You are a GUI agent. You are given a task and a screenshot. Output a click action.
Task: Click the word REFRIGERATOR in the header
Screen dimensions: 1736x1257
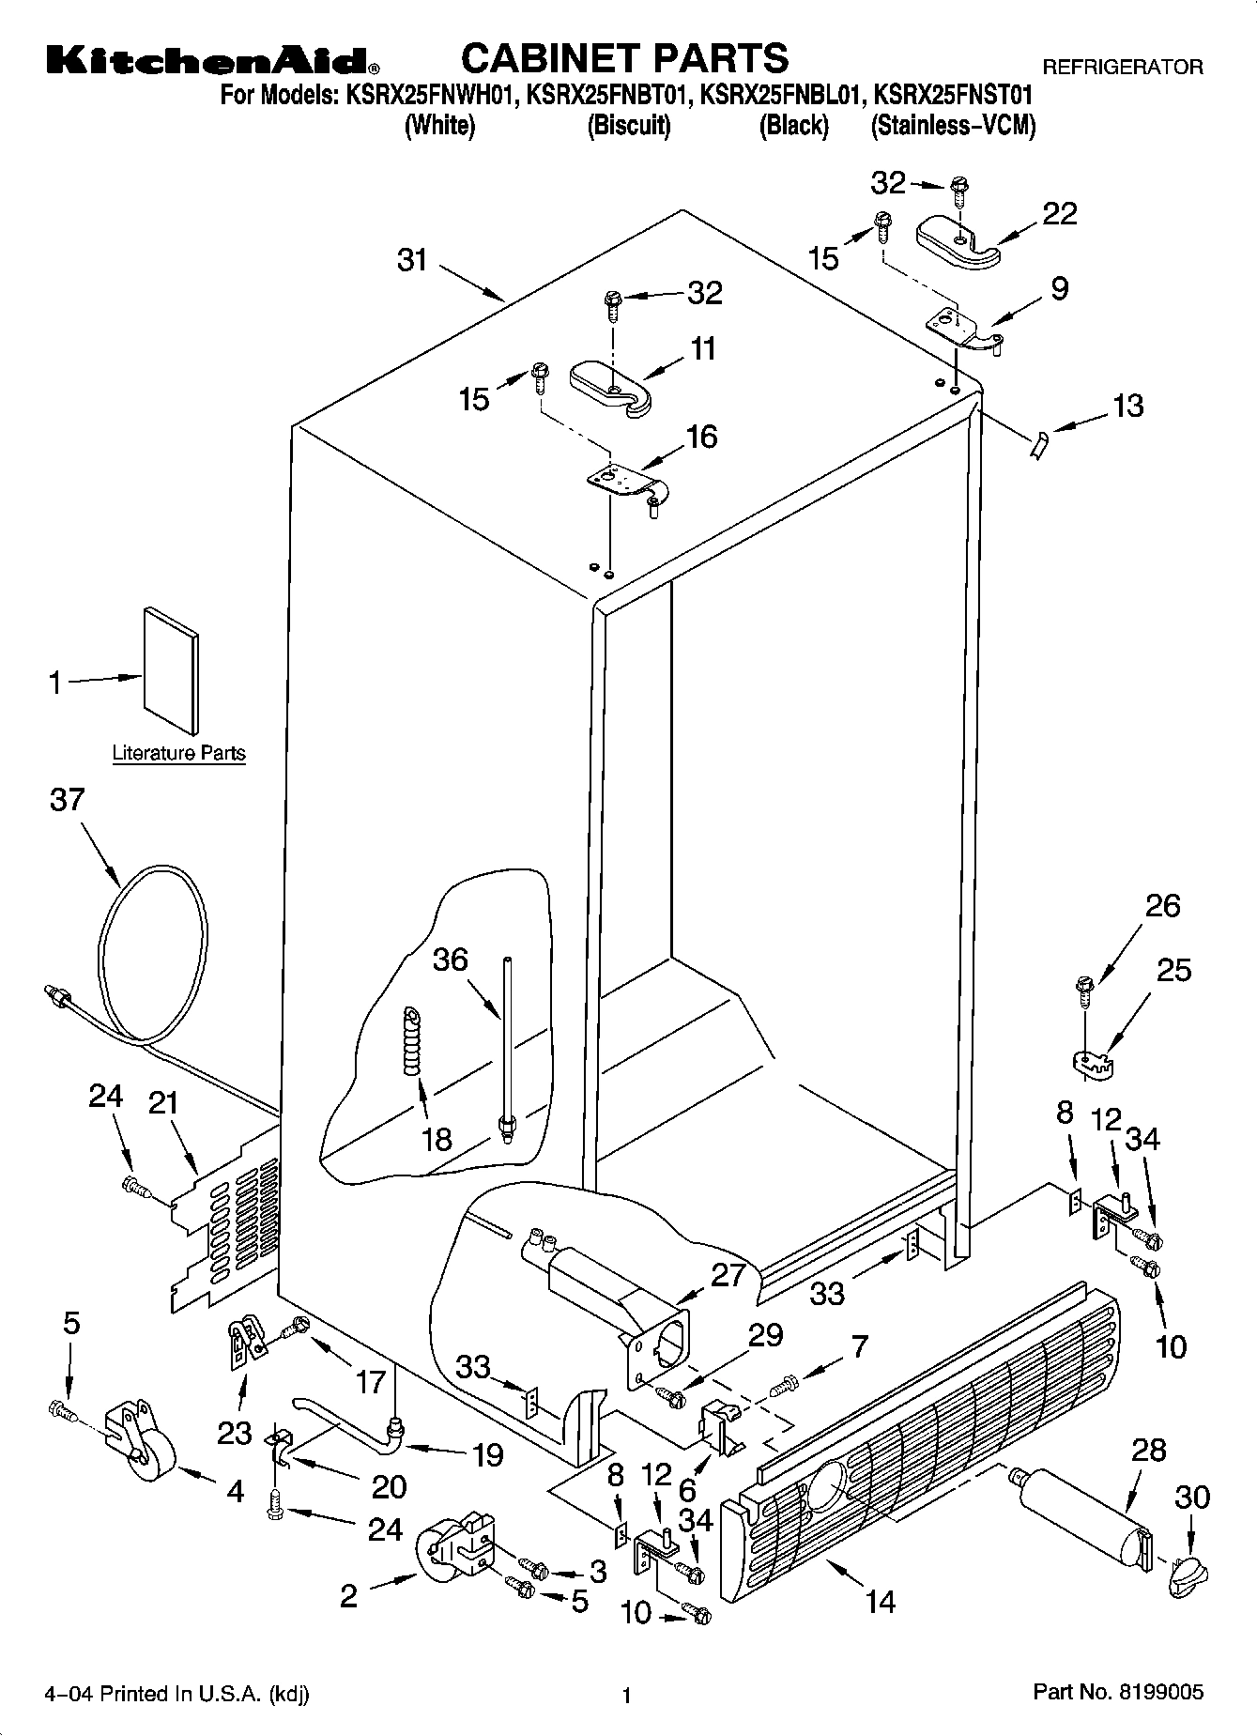pos(1123,68)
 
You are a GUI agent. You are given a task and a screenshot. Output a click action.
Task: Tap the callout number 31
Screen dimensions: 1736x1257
pos(412,260)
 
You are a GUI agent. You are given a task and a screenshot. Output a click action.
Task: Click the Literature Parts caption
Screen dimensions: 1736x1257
pos(178,753)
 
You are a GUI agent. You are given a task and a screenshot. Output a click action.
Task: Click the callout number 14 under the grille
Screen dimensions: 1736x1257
pos(880,1601)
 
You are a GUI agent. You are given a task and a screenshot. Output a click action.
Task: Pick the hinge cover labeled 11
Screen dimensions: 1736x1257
pos(610,386)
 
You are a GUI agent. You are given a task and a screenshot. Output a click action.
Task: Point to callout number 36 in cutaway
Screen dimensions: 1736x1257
pos(450,960)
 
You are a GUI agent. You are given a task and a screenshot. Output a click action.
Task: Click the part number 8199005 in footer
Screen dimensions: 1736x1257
pos(1160,1692)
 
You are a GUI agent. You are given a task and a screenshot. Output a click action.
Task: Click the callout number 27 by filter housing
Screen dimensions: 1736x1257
pos(728,1275)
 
